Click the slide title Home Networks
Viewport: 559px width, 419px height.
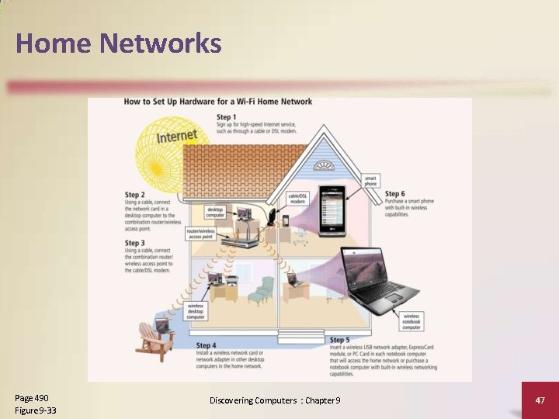[118, 43]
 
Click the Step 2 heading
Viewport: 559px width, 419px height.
[135, 195]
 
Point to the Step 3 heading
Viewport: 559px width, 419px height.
[135, 243]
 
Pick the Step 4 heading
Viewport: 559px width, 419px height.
[207, 345]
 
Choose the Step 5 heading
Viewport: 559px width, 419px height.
[340, 340]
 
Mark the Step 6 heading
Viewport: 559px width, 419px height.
[395, 194]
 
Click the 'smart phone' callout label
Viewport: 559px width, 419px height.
[372, 181]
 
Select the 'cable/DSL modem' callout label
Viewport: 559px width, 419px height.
[297, 198]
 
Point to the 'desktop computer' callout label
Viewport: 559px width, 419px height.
[215, 211]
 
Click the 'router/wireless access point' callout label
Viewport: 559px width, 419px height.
[200, 234]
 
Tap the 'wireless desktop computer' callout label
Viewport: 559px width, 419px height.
[196, 312]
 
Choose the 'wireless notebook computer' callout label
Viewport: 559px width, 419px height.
[411, 320]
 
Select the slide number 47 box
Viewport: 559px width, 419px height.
[540, 399]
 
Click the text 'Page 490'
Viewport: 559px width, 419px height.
[31, 398]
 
